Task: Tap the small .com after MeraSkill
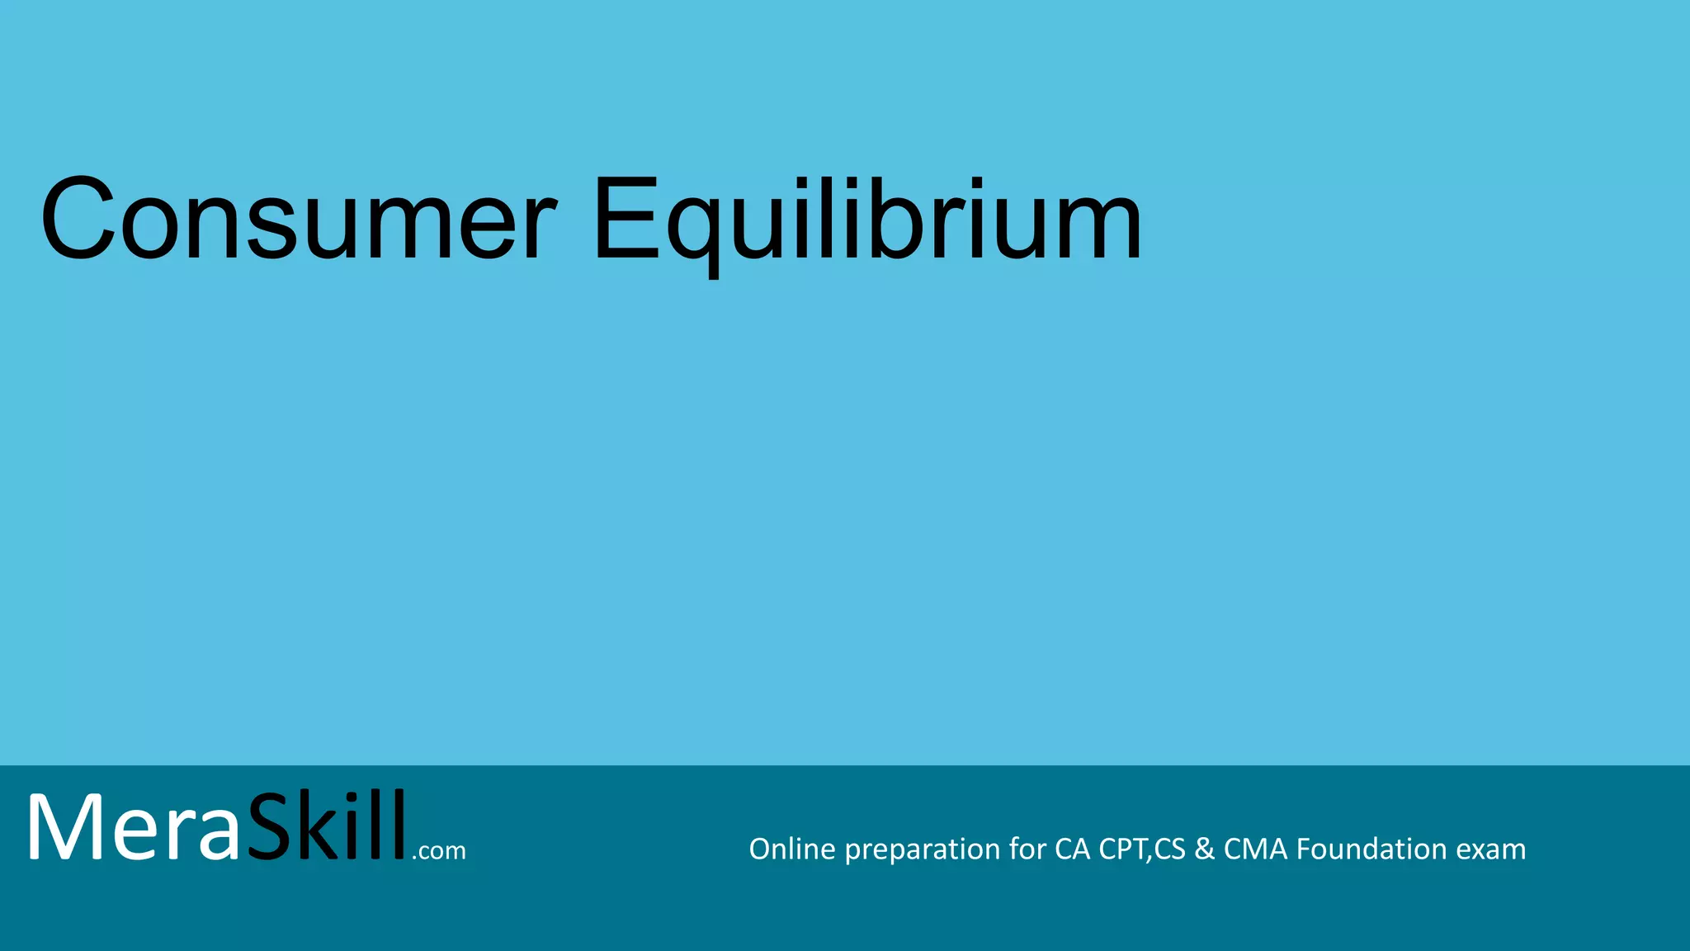(439, 850)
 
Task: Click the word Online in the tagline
(791, 849)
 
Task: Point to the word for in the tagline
(1027, 849)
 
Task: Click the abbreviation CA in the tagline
(1072, 849)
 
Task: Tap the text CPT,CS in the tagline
(1142, 849)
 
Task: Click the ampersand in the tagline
(1204, 849)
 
